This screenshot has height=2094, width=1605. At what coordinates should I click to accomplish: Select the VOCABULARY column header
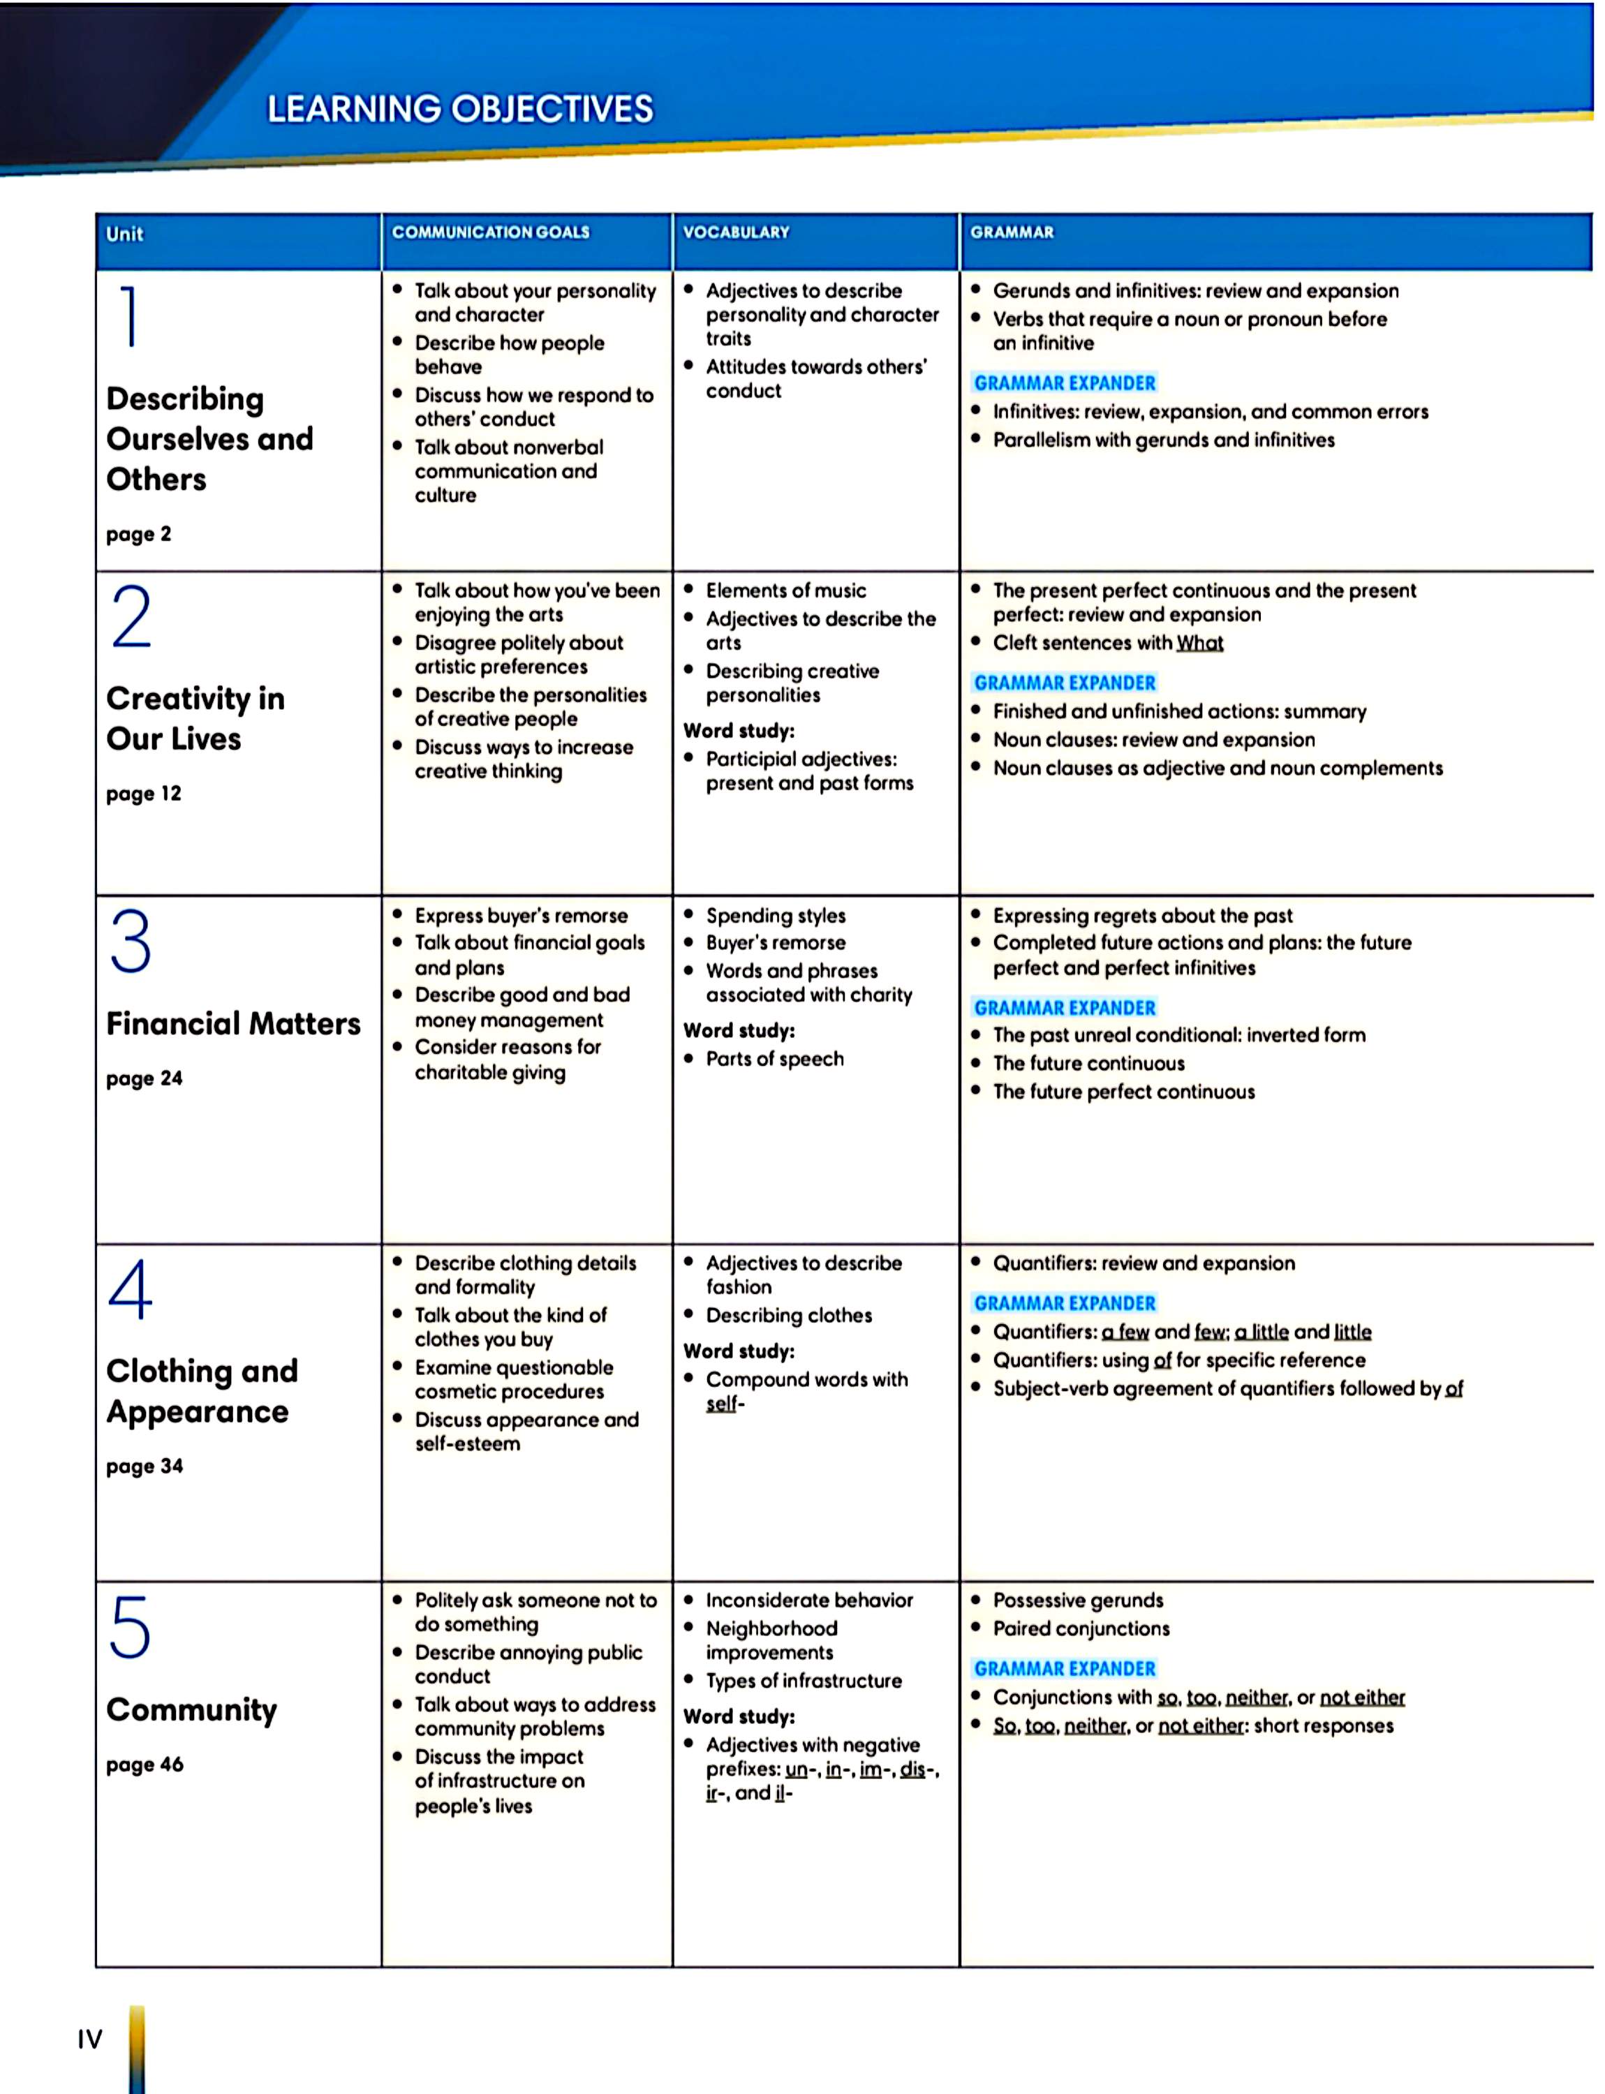[736, 232]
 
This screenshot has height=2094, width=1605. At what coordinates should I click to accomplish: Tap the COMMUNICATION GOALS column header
[490, 232]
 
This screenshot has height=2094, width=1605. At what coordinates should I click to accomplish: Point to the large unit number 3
[131, 941]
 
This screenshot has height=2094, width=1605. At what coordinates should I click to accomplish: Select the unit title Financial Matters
[233, 1023]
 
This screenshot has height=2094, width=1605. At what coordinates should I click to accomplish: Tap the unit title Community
[191, 1709]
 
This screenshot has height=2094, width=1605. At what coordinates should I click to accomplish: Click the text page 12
[143, 794]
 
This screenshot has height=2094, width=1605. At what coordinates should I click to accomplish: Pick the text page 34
[145, 1466]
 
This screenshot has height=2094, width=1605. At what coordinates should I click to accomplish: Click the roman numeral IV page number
[90, 2040]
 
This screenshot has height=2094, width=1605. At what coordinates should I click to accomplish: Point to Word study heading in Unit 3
[739, 1031]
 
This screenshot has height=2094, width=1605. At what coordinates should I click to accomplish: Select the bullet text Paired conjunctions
[1081, 1628]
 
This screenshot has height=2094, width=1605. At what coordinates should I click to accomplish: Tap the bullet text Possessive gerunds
[1078, 1600]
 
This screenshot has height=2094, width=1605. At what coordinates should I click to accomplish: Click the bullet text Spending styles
[775, 915]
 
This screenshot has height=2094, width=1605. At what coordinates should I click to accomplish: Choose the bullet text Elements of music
[785, 591]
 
